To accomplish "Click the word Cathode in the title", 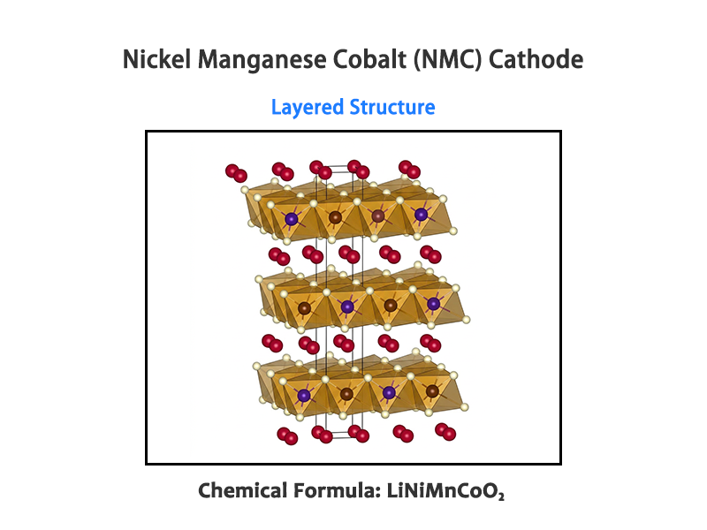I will pyautogui.click(x=538, y=60).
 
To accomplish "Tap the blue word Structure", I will pyautogui.click(x=392, y=108).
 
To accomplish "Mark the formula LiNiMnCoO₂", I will pyautogui.click(x=445, y=491).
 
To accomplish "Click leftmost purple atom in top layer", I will pyautogui.click(x=292, y=217).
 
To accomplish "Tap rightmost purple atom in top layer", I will pyautogui.click(x=421, y=215).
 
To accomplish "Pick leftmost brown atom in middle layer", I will pyautogui.click(x=305, y=308).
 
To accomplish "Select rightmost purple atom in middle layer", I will pyautogui.click(x=433, y=304).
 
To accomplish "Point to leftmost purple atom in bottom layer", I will pyautogui.click(x=304, y=396).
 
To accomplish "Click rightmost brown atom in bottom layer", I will pyautogui.click(x=432, y=390).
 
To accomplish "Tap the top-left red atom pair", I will pyautogui.click(x=236, y=173).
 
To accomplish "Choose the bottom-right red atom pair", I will pyautogui.click(x=445, y=432).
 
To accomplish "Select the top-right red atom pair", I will pyautogui.click(x=409, y=169).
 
